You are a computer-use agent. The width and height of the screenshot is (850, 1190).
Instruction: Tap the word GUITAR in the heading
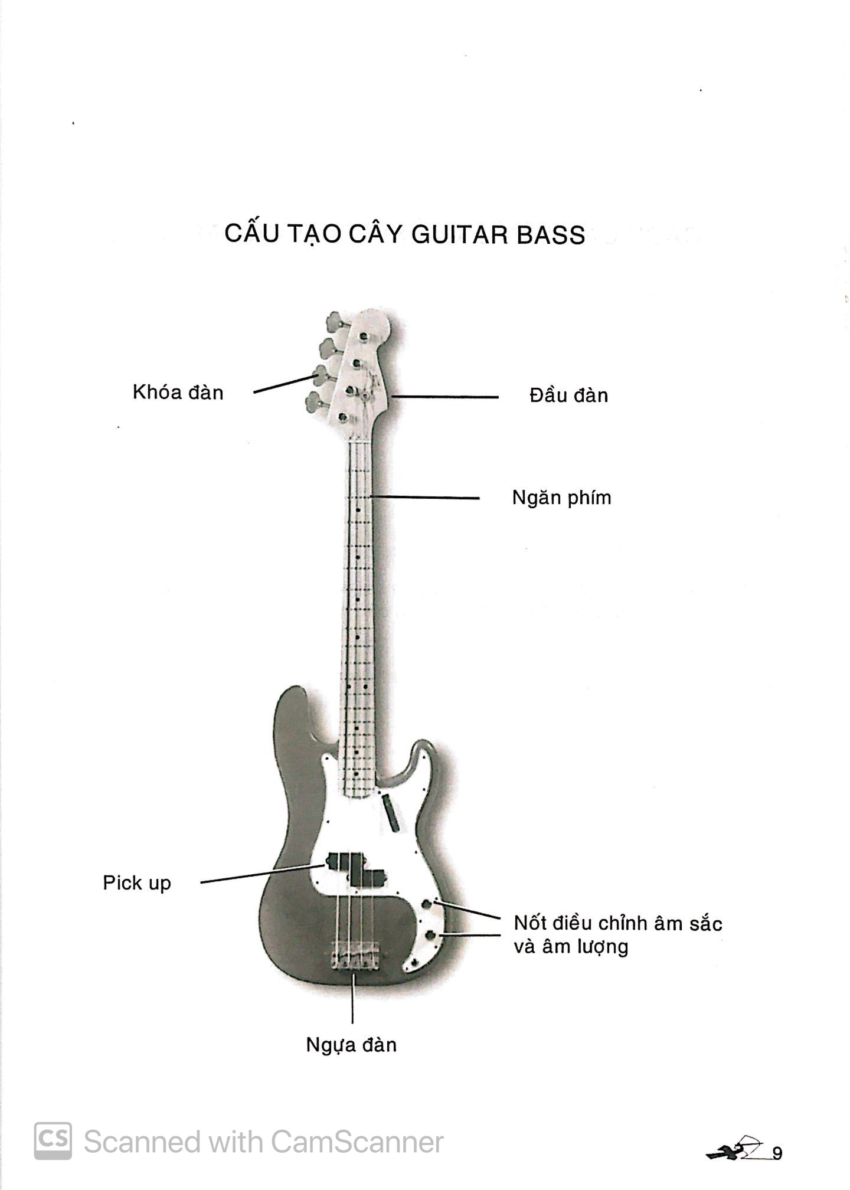point(459,235)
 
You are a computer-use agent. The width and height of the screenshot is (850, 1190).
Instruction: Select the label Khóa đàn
point(178,393)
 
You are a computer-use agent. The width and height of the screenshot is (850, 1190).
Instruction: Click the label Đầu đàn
point(568,395)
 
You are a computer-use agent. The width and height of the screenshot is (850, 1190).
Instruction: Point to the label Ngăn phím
point(561,498)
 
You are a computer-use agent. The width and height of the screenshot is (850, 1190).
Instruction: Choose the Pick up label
point(137,883)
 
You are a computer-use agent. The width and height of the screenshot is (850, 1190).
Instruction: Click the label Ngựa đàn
point(351,1045)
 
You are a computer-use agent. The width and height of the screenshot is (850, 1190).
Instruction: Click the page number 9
point(777,1153)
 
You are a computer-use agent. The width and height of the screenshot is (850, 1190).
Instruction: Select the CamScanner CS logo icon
point(53,1141)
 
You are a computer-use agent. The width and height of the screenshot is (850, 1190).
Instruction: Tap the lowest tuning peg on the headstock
point(315,403)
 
